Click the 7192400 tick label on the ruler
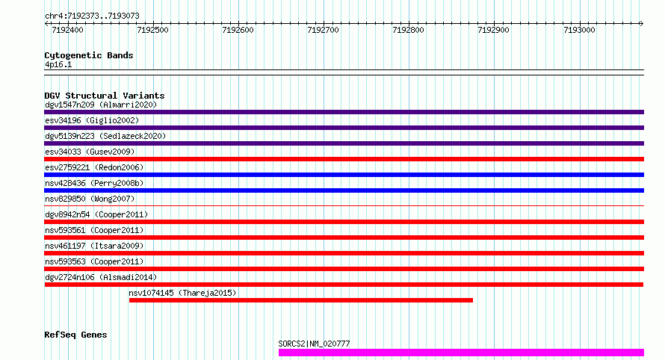pyautogui.click(x=67, y=31)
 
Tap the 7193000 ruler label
pyautogui.click(x=580, y=31)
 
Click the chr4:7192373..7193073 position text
pyautogui.click(x=91, y=16)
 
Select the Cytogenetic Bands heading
pyautogui.click(x=89, y=55)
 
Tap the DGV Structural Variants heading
pyautogui.click(x=105, y=96)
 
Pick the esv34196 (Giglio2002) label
pyautogui.click(x=92, y=120)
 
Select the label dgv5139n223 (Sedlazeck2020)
pyautogui.click(x=105, y=136)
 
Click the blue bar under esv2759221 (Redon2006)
pyautogui.click(x=344, y=175)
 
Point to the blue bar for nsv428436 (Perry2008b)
pyautogui.click(x=344, y=190)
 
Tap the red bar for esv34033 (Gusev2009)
pyautogui.click(x=344, y=159)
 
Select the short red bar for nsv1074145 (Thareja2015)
pyautogui.click(x=300, y=300)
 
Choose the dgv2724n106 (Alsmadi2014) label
pyautogui.click(x=101, y=277)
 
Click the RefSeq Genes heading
pyautogui.click(x=75, y=335)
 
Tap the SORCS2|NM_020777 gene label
pyautogui.click(x=314, y=344)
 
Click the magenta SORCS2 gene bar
pyautogui.click(x=461, y=353)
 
